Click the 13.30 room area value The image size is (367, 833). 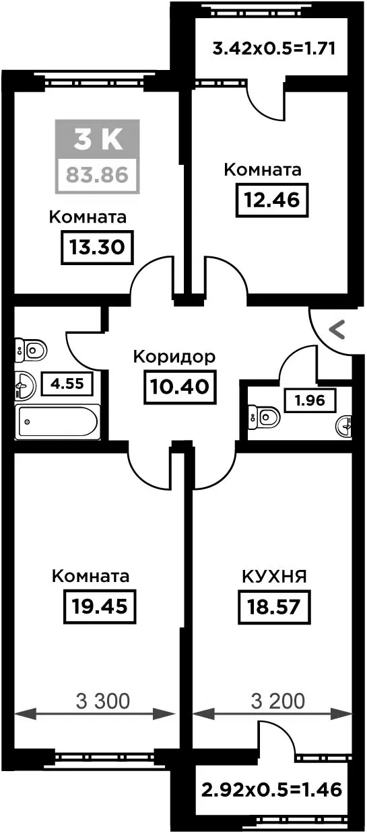97,248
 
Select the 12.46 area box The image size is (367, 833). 272,200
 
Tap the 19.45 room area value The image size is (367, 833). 100,606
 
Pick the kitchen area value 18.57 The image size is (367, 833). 274,607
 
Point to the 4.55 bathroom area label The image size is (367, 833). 67,384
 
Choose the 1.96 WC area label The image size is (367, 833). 310,400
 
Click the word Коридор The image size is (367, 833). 174,357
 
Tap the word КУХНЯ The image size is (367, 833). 274,577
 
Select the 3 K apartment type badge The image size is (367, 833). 98,139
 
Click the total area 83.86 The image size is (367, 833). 97,175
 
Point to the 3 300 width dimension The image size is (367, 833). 103,701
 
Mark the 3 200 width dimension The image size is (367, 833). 278,701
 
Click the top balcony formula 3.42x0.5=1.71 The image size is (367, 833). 274,48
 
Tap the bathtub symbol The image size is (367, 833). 58,422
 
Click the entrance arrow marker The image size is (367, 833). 337,330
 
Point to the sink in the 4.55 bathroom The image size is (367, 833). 25,386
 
